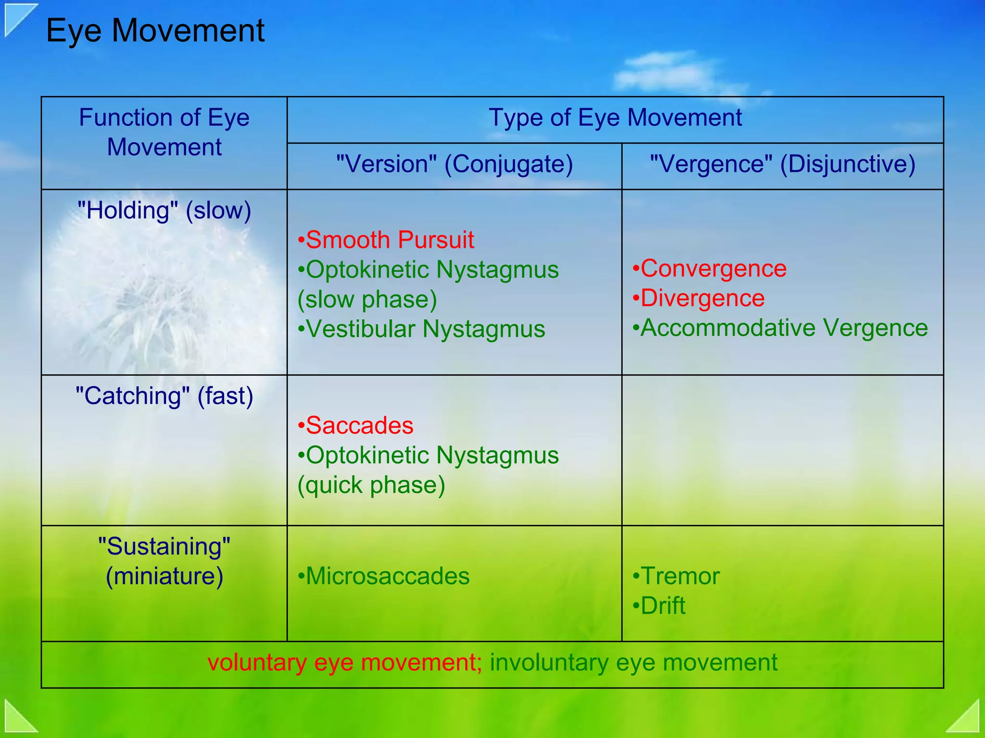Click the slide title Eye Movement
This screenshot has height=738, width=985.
pos(155,31)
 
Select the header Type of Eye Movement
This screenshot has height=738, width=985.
pos(615,118)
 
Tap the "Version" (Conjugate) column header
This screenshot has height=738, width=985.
pos(454,164)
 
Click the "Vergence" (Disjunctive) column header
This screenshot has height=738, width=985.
pos(782,164)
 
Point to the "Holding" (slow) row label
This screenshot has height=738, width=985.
pos(164,211)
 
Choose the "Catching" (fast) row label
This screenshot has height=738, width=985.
pos(164,396)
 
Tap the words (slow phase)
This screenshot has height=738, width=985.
pos(367,299)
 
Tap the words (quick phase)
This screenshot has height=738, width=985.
pos(371,485)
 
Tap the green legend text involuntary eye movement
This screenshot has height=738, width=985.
pos(633,662)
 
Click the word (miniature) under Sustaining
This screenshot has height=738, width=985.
pos(164,576)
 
